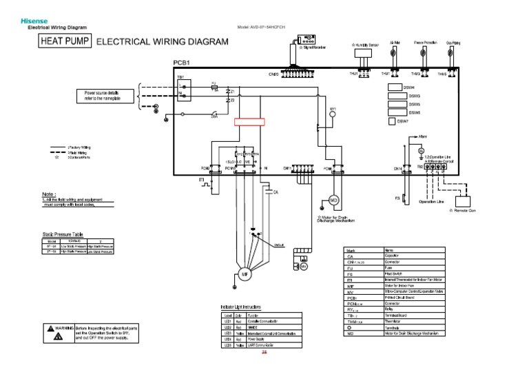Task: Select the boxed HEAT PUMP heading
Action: tap(65, 42)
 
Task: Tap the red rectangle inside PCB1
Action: tap(249, 122)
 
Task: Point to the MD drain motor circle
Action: tap(333, 200)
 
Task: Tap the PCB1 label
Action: tap(181, 63)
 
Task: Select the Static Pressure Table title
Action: tap(63, 235)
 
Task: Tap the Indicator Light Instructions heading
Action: tap(241, 306)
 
